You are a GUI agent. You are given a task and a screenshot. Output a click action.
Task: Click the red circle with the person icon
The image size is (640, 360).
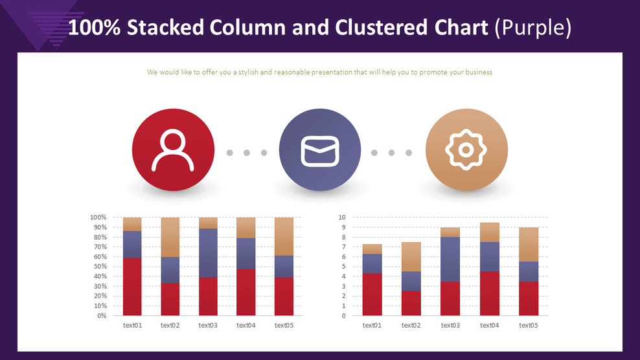coord(173,150)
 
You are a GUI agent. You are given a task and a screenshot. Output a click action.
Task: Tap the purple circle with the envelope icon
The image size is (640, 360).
coord(320,150)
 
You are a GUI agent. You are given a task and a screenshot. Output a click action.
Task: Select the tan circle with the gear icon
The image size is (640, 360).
coord(466,150)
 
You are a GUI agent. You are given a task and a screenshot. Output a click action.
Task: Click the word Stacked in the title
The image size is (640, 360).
coord(165,28)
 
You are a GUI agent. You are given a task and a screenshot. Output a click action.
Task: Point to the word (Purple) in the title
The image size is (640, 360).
coord(533,28)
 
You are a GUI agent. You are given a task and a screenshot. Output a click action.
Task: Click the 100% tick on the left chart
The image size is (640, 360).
coord(98,217)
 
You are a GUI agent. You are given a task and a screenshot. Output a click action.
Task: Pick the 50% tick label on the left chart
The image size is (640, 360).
coord(100,267)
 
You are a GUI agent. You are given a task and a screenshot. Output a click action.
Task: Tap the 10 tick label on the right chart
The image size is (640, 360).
coord(342,217)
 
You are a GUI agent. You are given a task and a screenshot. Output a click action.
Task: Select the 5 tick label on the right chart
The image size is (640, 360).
coord(344,267)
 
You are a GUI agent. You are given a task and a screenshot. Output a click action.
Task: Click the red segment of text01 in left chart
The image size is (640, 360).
coord(132,287)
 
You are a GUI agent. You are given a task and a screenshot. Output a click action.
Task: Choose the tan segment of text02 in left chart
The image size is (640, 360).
coord(170,237)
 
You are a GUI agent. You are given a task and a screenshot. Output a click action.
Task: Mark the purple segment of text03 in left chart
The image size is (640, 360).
coord(208,253)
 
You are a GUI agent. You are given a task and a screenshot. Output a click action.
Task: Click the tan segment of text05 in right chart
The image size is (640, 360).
coord(529,245)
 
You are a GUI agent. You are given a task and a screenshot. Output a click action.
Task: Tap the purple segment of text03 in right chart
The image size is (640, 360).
coord(450,259)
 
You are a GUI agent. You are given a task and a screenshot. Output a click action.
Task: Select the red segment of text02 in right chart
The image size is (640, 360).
coord(411,303)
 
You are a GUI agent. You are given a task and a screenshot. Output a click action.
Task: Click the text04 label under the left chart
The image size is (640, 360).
coord(246,325)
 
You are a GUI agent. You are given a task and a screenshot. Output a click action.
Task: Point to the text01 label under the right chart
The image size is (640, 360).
coord(372,325)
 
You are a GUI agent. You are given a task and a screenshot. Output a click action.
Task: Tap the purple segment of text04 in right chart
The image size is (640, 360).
coord(489,257)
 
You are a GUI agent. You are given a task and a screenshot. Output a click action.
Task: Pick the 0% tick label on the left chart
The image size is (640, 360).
coord(102,315)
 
